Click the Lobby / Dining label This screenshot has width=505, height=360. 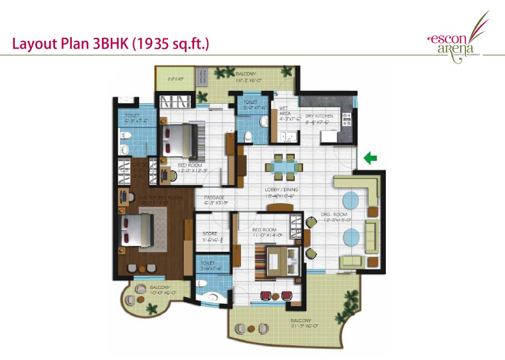tap(280, 193)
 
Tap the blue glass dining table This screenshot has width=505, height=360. tap(281, 167)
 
